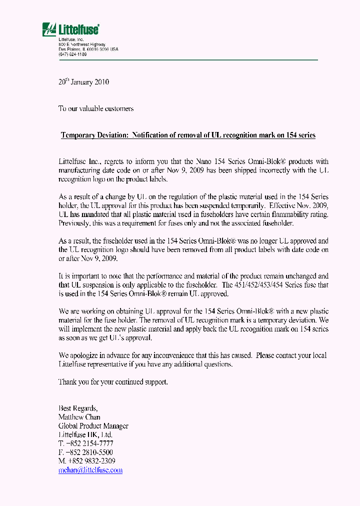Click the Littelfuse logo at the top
(70, 29)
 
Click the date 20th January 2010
(83, 82)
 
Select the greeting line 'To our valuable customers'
(96, 108)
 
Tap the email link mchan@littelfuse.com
(90, 470)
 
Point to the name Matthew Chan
(79, 417)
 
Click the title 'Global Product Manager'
(93, 426)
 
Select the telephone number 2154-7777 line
(86, 443)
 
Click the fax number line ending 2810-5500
(85, 452)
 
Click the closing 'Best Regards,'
(78, 408)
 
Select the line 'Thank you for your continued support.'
(113, 382)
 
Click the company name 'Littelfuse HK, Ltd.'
(85, 435)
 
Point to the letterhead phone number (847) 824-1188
(72, 54)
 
